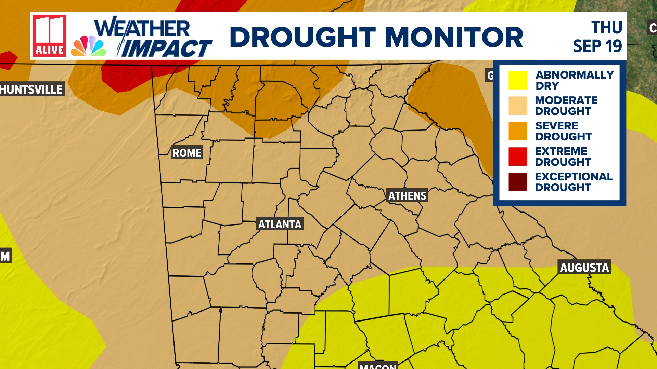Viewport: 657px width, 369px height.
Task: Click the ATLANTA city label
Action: click(280, 224)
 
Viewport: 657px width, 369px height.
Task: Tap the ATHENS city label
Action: click(407, 196)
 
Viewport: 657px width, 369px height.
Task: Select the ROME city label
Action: click(187, 153)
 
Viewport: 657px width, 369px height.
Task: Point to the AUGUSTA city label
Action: click(584, 268)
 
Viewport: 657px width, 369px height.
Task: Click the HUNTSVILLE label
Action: click(31, 90)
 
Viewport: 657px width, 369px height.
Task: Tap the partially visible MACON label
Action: click(378, 366)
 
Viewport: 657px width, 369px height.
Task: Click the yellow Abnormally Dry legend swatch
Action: click(517, 80)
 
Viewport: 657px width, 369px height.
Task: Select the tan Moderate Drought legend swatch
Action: click(517, 106)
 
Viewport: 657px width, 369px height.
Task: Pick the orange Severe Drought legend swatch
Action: click(517, 131)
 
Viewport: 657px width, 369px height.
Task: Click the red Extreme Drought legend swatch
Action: click(517, 156)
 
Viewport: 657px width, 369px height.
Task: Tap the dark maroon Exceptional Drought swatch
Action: click(517, 182)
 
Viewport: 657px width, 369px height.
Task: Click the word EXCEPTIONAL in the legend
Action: click(574, 177)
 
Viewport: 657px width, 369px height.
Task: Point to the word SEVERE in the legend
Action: click(556, 126)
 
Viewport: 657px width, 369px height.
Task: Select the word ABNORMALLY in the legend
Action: click(575, 75)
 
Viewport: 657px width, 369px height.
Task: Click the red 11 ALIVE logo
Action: click(49, 36)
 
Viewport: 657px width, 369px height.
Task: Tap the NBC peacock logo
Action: click(88, 46)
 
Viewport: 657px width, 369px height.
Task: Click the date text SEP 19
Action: click(597, 46)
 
